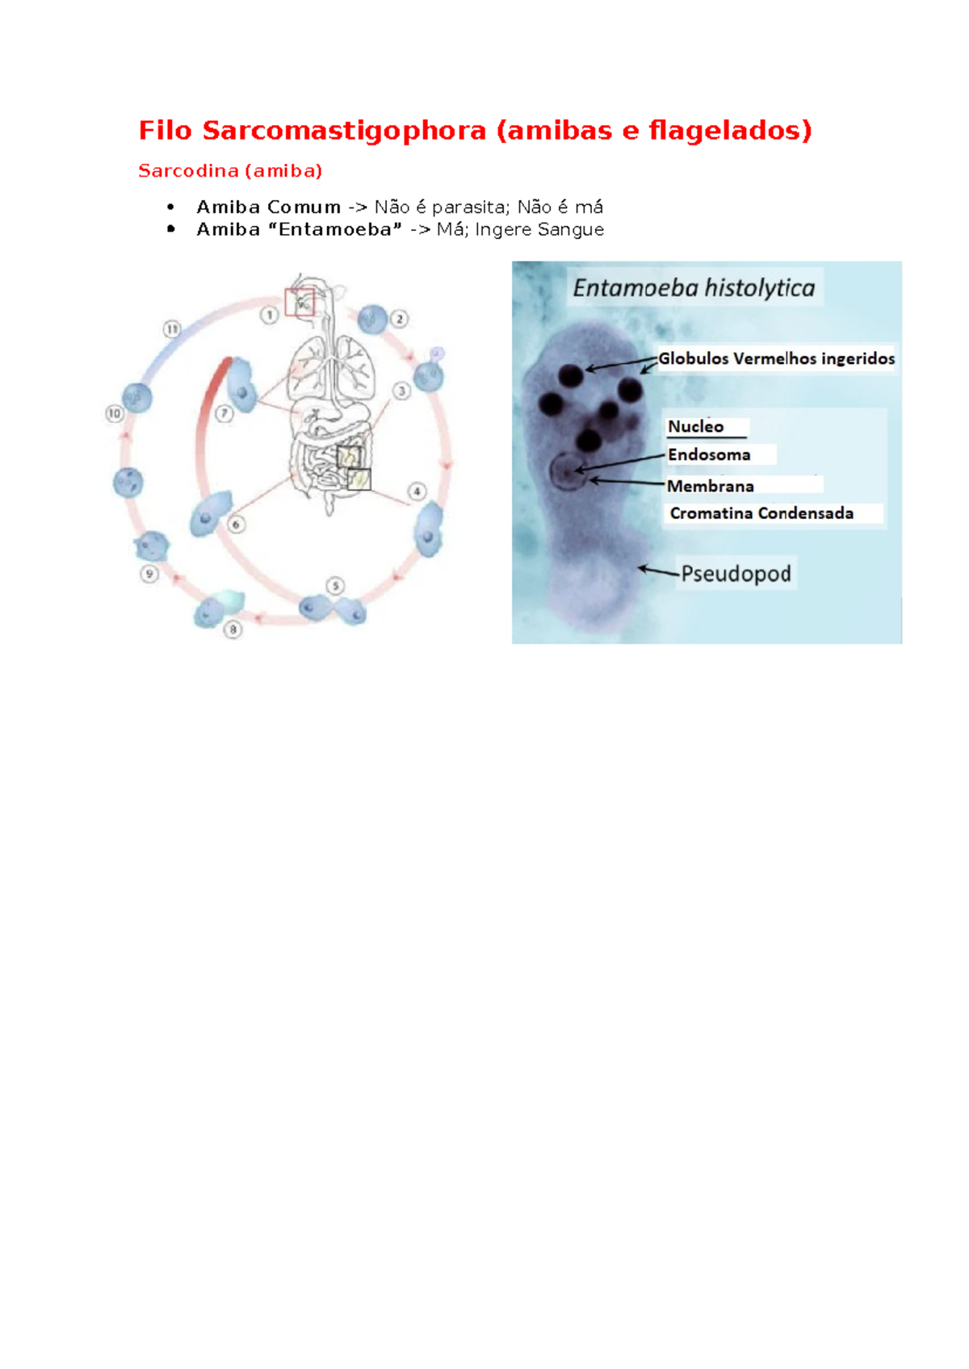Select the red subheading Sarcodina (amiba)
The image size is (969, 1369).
click(230, 170)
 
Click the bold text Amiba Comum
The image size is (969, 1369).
click(268, 207)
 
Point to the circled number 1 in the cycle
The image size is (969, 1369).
click(269, 316)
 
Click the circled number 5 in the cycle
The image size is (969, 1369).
click(335, 586)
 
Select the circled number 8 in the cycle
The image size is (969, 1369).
click(233, 630)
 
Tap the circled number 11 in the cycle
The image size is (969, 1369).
click(172, 329)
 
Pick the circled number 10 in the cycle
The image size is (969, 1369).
click(115, 414)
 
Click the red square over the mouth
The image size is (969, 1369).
click(300, 302)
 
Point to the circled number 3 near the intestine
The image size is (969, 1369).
click(401, 391)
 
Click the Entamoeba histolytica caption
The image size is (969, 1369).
click(694, 288)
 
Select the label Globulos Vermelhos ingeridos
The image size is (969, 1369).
click(777, 358)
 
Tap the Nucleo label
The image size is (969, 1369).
click(696, 426)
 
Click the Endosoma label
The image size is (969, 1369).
click(709, 454)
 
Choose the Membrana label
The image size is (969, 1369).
click(711, 487)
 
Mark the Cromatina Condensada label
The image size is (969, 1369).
click(761, 513)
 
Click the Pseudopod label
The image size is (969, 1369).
click(736, 574)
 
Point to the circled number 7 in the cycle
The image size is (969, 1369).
click(224, 414)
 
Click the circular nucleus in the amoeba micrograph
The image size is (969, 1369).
click(568, 472)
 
